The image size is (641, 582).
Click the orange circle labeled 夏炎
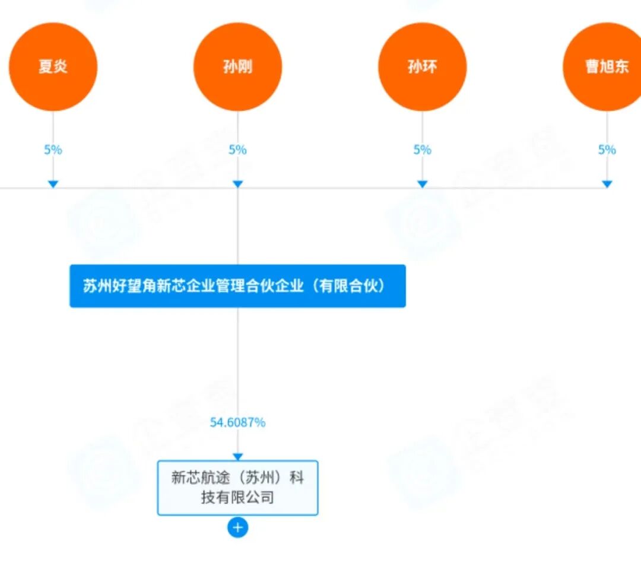53,66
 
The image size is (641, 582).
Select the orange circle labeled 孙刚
237,66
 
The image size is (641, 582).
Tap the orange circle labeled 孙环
422,66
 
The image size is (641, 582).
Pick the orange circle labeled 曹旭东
605,66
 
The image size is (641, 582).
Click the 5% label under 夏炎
53,150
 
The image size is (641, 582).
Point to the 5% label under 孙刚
237,150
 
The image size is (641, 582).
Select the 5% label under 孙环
422,150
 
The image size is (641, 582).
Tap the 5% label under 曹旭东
607,150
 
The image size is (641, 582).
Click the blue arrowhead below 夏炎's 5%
53,185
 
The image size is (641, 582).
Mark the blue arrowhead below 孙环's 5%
422,185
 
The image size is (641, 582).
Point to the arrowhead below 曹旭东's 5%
607,185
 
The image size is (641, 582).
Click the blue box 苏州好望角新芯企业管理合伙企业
237,286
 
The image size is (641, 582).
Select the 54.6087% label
237,422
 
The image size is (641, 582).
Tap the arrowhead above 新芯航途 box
237,457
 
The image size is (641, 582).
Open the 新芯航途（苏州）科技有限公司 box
237,487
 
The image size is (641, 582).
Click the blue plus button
237,527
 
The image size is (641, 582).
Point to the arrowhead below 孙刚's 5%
237,185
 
